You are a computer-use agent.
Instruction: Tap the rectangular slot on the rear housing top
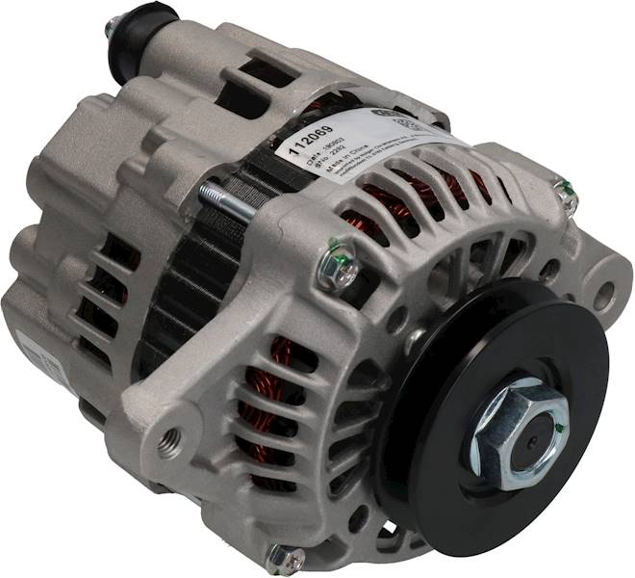[x=254, y=72]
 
